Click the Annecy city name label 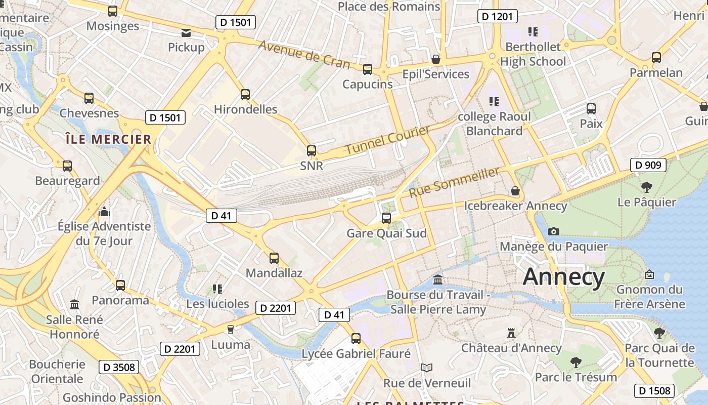pos(563,277)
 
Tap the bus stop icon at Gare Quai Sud pos(386,218)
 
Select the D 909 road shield pos(648,165)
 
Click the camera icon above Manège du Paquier pos(554,231)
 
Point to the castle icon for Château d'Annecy pos(511,333)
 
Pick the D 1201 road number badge pos(497,17)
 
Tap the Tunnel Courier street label pos(387,140)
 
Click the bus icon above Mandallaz pos(274,258)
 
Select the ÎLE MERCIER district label pos(108,139)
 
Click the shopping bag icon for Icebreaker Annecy pos(515,191)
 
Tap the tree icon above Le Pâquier pos(646,187)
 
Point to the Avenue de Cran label pos(304,54)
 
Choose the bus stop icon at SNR pos(312,151)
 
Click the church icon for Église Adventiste pos(104,211)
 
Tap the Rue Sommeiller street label pos(454,182)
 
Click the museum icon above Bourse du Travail pos(438,279)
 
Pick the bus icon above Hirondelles pos(245,94)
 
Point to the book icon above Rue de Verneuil pos(427,368)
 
